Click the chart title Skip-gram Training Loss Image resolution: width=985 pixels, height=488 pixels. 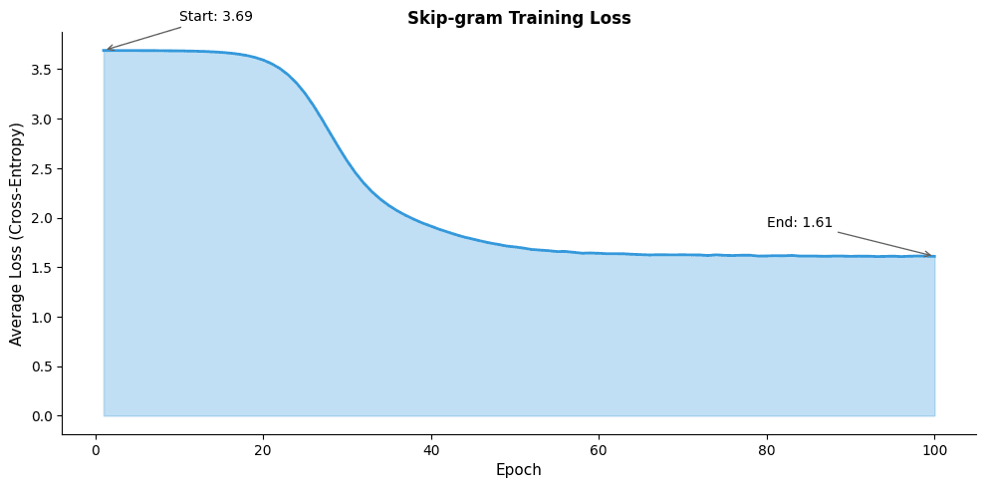pos(519,18)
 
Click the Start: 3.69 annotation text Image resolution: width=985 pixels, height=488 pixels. pos(215,17)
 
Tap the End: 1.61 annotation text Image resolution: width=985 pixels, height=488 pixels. pos(799,223)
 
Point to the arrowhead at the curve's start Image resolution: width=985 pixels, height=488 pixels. pos(107,49)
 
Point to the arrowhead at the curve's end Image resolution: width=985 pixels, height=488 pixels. pos(930,255)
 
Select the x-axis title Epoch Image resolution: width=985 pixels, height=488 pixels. pos(519,470)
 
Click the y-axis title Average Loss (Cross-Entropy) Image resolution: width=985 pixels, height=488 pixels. pos(16,234)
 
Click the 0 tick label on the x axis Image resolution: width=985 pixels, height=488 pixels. pos(96,448)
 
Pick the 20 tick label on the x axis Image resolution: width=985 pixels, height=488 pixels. pos(263,448)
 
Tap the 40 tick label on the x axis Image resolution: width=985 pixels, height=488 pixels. pos(431,448)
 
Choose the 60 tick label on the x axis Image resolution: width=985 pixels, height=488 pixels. pos(599,448)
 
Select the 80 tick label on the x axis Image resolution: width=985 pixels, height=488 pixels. pos(767,448)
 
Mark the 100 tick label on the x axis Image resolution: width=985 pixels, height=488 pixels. pos(934,448)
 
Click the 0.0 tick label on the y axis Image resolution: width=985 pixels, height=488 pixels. pos(42,416)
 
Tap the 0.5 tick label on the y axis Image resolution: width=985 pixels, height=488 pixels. pos(42,366)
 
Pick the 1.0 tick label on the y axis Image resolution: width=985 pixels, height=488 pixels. pos(42,317)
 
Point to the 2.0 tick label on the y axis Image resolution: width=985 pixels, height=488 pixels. pos(42,218)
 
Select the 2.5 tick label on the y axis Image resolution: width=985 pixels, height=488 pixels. pos(42,168)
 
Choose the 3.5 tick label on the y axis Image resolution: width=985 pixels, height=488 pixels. pos(42,70)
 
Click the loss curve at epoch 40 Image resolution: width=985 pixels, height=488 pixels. pos(431,226)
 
